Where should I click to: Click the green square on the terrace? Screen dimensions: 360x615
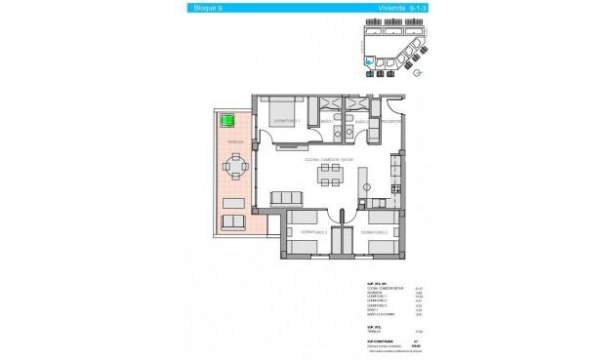pos(226,123)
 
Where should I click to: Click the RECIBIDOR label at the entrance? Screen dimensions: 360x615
pos(390,123)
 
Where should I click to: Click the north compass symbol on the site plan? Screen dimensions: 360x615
pos(418,71)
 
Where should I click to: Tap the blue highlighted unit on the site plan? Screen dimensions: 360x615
pos(368,65)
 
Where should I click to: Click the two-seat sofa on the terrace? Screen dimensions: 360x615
pos(234,222)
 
